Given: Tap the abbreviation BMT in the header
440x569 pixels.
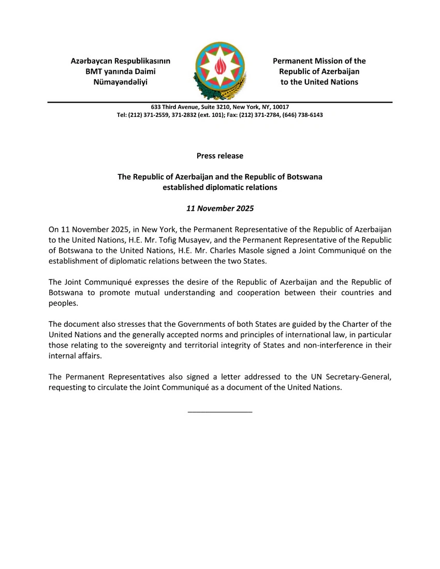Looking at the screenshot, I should pyautogui.click(x=95, y=71).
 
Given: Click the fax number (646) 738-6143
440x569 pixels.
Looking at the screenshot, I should pyautogui.click(x=303, y=115).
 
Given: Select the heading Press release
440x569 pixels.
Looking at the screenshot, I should pyautogui.click(x=220, y=156).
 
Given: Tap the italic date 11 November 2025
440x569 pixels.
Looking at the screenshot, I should pyautogui.click(x=220, y=209).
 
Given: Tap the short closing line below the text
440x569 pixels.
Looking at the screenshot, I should pyautogui.click(x=220, y=411).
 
